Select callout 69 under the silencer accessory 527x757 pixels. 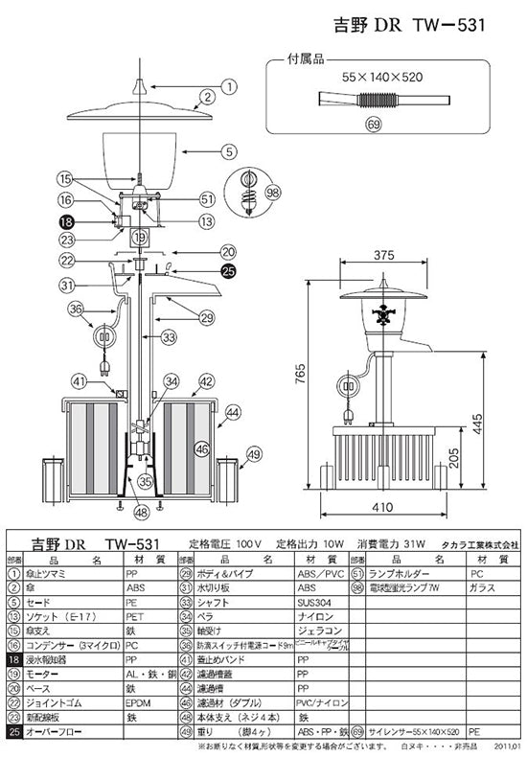pyautogui.click(x=373, y=125)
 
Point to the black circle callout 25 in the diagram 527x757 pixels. pyautogui.click(x=228, y=271)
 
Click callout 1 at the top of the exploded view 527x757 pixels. pyautogui.click(x=228, y=86)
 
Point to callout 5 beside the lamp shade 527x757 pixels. pyautogui.click(x=228, y=150)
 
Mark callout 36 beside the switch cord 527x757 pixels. pyautogui.click(x=76, y=309)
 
